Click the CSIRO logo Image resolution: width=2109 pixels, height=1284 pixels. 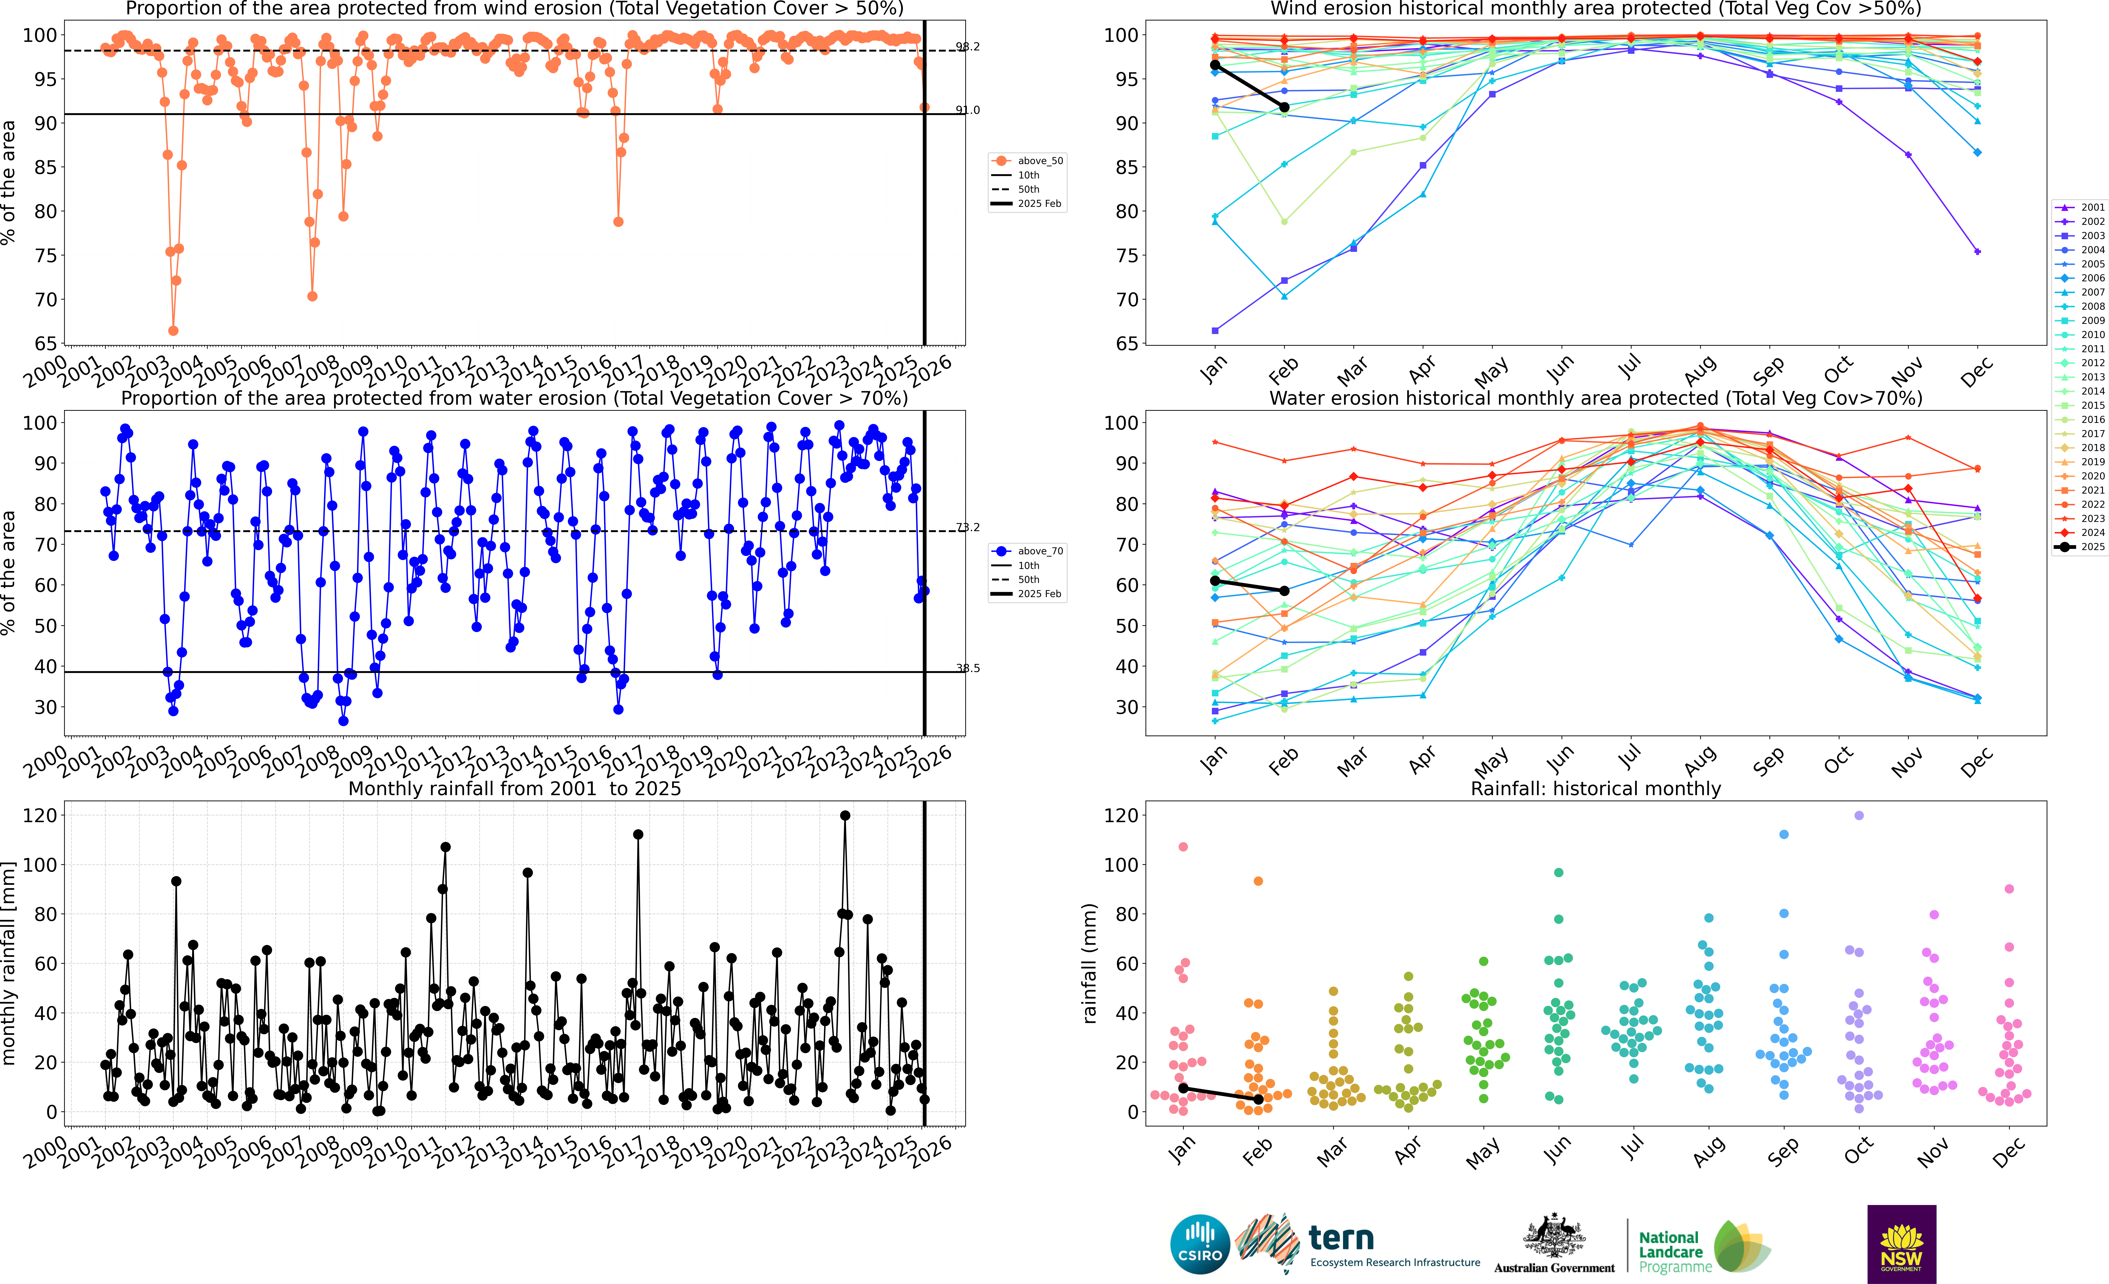[1200, 1244]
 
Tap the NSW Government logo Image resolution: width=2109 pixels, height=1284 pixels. [1901, 1244]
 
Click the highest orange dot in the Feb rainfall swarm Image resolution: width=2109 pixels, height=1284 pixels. [1258, 881]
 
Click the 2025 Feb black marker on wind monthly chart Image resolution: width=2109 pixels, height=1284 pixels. [1284, 107]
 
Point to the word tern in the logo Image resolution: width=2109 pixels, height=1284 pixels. [1341, 1238]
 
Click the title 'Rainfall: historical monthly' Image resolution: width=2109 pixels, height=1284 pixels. [1596, 788]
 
